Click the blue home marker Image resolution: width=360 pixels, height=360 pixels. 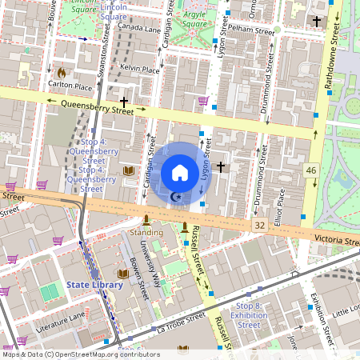tap(180, 173)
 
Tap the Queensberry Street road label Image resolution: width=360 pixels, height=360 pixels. tap(90, 102)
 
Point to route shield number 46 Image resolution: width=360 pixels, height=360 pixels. tap(310, 170)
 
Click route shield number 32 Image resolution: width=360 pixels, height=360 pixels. tap(258, 226)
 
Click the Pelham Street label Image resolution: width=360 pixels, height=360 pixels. tap(251, 27)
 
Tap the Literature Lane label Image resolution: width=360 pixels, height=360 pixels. tap(60, 322)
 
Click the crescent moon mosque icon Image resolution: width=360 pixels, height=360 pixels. tap(178, 196)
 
